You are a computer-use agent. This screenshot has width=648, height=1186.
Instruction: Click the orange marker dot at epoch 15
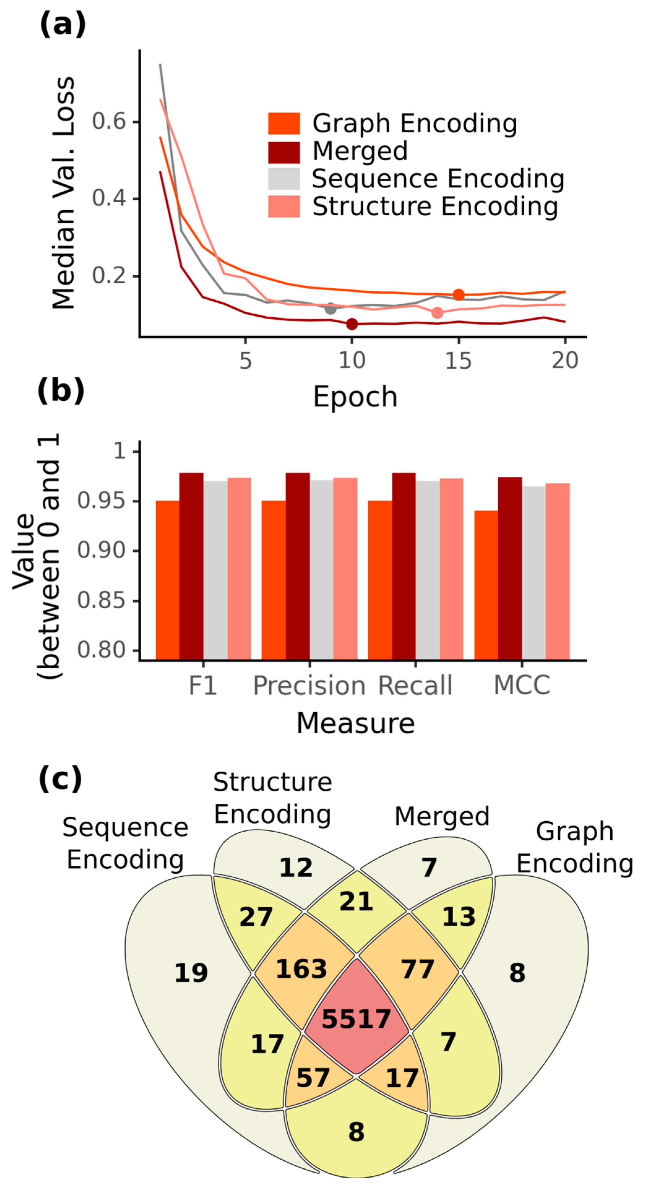tap(458, 295)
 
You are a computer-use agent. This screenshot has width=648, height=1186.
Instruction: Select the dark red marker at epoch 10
tap(352, 324)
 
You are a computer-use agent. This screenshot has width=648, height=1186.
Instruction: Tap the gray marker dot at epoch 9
tap(330, 308)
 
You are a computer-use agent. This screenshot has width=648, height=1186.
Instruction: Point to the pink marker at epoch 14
tap(437, 313)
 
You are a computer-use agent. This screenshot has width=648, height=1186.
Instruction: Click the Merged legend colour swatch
tap(284, 152)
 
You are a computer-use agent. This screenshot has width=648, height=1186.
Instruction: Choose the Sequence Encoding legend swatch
tap(284, 179)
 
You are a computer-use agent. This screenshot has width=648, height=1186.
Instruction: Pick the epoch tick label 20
tap(564, 361)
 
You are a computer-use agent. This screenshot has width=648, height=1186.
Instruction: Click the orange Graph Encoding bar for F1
tap(168, 580)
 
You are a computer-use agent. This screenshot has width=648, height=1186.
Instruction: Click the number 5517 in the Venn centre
tap(356, 1019)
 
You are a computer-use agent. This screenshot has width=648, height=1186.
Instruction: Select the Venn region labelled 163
tap(301, 969)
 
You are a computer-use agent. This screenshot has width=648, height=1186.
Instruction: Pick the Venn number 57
tap(313, 1077)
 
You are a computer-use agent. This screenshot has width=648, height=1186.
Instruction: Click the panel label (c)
tap(60, 779)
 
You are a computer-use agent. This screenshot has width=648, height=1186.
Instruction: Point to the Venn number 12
tap(296, 867)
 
